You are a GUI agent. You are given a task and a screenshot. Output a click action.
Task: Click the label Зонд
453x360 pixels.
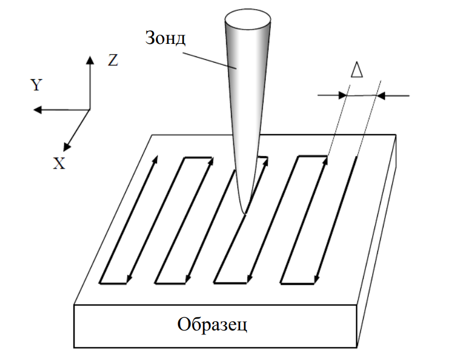pos(166,39)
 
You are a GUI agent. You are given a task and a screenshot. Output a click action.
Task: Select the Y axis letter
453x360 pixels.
pos(36,85)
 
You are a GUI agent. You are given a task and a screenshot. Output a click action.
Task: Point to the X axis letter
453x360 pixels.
pos(59,164)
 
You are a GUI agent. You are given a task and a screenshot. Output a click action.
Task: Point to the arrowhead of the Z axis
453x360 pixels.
pos(89,59)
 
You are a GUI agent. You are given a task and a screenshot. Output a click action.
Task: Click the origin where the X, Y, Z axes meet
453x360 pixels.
pos(89,109)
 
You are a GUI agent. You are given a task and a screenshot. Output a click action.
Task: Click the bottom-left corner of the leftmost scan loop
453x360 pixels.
pos(100,283)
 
